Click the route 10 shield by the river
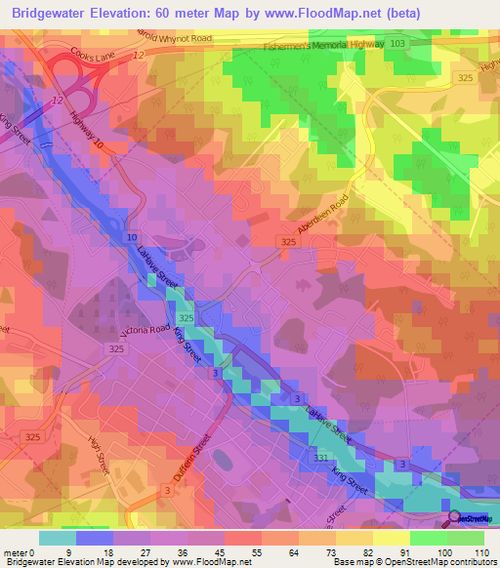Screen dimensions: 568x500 pos(131,237)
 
